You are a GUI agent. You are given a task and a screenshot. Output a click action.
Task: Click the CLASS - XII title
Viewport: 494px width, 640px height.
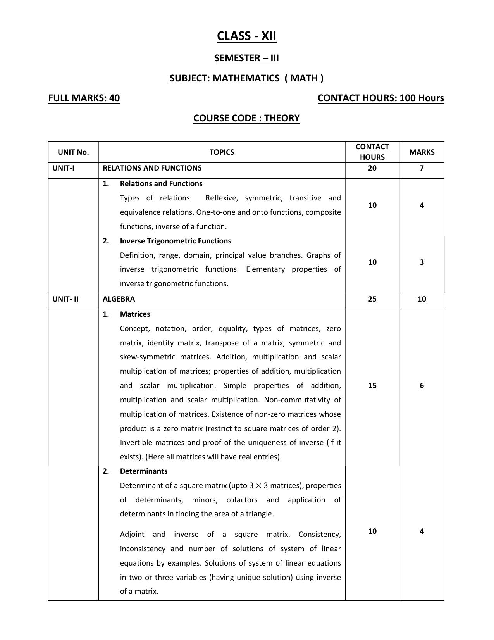coord(246,36)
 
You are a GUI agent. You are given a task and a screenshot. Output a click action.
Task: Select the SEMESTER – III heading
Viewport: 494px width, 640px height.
coord(246,58)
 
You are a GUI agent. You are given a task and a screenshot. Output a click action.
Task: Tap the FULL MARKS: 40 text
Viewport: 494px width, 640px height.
coord(84,98)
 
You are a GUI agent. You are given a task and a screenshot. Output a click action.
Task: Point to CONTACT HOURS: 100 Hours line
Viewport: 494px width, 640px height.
coord(380,98)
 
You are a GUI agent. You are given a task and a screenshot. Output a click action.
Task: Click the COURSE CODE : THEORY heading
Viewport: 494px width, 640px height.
coord(246,118)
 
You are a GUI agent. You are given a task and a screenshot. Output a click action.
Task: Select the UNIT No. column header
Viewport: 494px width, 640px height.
coord(73,152)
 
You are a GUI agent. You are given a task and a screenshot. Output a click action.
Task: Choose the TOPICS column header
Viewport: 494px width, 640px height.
coord(222,152)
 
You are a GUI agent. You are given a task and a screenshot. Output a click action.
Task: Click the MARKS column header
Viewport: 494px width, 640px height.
coord(422,152)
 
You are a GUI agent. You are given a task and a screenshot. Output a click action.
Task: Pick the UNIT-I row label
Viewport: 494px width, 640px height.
coord(63,168)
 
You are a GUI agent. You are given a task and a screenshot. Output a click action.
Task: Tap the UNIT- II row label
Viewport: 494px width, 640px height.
coord(65,299)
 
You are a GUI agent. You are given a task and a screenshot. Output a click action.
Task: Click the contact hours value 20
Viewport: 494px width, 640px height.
coord(372,168)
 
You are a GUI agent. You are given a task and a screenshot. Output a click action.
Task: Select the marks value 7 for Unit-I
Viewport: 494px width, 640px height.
coord(422,168)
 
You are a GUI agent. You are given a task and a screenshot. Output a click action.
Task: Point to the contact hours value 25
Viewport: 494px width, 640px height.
coord(372,299)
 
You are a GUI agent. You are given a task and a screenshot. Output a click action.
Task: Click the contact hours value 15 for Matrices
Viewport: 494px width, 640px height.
coord(372,386)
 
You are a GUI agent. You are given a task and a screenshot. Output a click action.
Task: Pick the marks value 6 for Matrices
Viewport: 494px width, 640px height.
coord(422,386)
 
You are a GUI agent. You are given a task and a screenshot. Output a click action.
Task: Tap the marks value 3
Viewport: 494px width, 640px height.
coord(422,262)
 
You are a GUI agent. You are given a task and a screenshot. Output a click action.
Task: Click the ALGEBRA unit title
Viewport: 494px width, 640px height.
coord(119,299)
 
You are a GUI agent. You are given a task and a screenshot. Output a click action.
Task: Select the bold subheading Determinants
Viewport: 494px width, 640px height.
coord(144,471)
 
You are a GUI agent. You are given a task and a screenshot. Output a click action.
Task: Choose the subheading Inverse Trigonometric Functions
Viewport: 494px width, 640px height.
coord(176,241)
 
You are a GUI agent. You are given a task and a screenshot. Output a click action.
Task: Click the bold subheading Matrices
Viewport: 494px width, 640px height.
coord(135,314)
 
